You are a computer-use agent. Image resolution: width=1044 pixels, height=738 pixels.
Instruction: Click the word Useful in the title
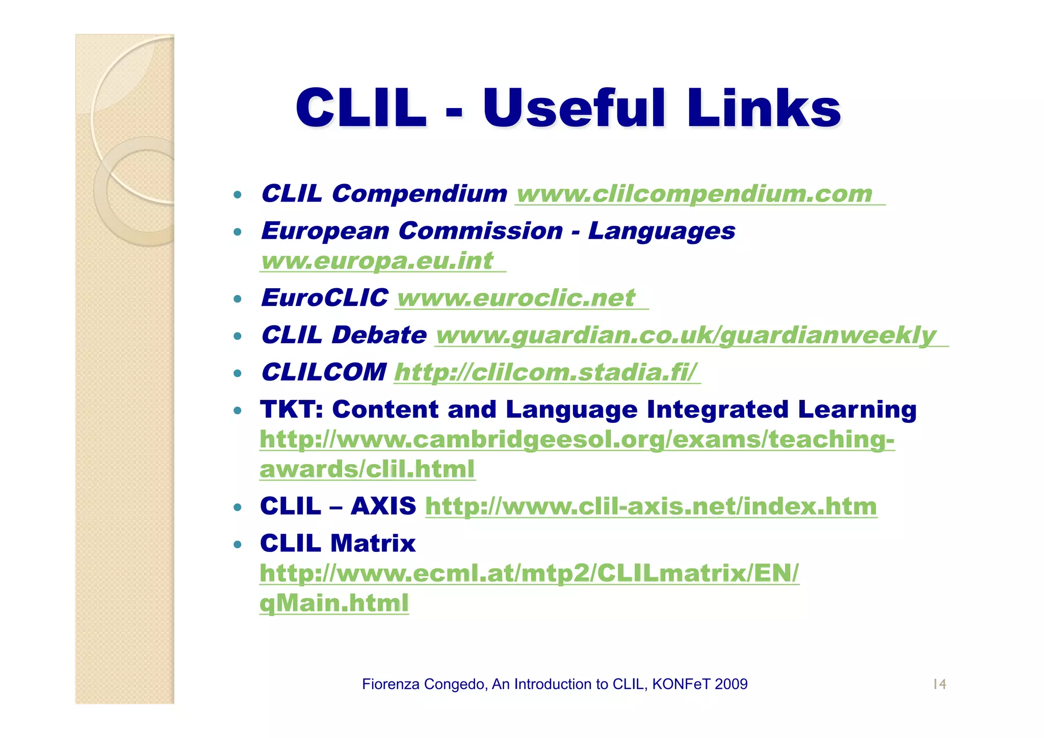coord(574,108)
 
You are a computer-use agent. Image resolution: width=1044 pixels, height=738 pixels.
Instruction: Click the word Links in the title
coord(763,108)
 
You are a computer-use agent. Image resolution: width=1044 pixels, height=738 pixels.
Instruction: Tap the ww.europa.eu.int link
coord(377,261)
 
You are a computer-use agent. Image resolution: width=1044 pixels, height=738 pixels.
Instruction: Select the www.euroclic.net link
coord(516,298)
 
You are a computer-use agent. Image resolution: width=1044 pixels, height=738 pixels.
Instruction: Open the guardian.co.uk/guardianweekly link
coord(686,336)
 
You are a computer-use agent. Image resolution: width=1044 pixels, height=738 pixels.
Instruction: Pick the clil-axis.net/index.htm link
coord(651,506)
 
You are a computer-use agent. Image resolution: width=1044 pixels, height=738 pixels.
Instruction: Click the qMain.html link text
coord(334,603)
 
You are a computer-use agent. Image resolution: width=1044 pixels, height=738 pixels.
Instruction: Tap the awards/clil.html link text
coord(367,469)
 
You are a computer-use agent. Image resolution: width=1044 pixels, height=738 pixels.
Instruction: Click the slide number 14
coord(939,684)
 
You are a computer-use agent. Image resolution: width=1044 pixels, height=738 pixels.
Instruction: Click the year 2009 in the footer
coord(731,684)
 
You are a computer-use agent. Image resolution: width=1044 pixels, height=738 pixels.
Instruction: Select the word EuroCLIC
coord(324,298)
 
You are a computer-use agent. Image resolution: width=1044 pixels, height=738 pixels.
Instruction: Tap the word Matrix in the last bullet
coord(373,544)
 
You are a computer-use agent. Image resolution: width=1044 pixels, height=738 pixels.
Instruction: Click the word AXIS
coord(383,506)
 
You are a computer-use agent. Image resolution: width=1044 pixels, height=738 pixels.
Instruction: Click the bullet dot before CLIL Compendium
coord(237,195)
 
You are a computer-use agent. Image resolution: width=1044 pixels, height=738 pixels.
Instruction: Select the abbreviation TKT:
coord(292,410)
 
